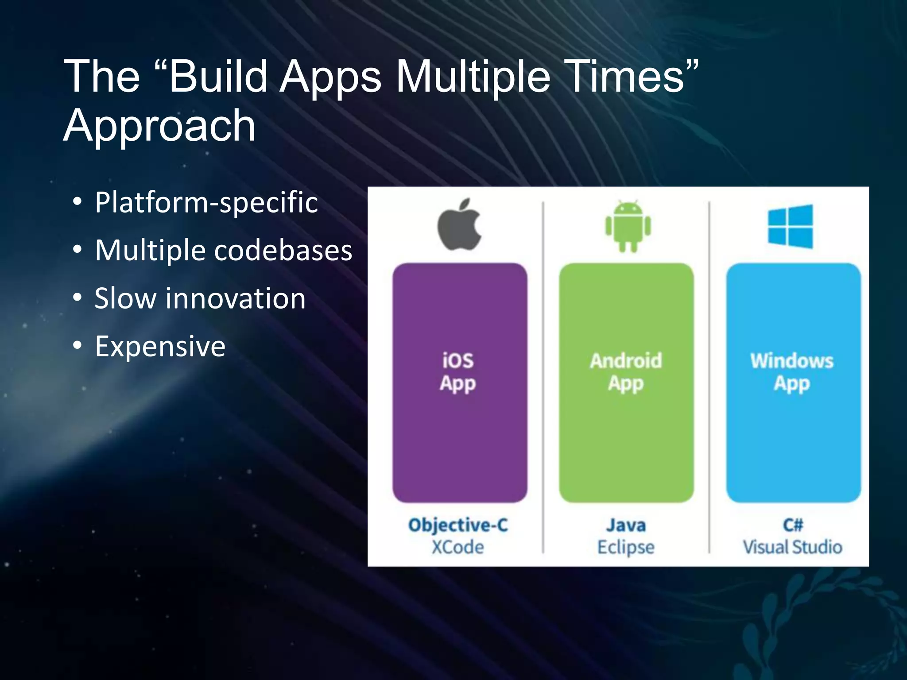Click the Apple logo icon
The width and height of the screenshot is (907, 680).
[460, 225]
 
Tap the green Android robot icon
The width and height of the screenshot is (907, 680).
[628, 226]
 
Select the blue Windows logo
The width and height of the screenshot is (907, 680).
[791, 227]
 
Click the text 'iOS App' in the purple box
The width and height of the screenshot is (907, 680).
[458, 372]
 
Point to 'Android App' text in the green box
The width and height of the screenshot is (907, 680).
[626, 372]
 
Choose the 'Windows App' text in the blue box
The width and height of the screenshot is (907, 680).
[792, 372]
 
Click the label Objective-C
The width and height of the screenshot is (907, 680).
[458, 525]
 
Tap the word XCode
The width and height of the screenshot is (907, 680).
[458, 547]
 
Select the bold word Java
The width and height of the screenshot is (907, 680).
[626, 525]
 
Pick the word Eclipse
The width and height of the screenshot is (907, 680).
[626, 548]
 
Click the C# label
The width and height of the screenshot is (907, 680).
[793, 525]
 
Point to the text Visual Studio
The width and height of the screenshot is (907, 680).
[793, 547]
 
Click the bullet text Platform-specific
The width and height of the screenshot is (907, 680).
[206, 203]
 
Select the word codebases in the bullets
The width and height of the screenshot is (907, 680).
[283, 251]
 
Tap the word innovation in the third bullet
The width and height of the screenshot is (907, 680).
[236, 298]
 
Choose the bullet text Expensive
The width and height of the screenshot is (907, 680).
[160, 346]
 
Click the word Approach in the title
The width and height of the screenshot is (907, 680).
[159, 126]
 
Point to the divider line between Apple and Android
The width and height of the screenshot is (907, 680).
[543, 376]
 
